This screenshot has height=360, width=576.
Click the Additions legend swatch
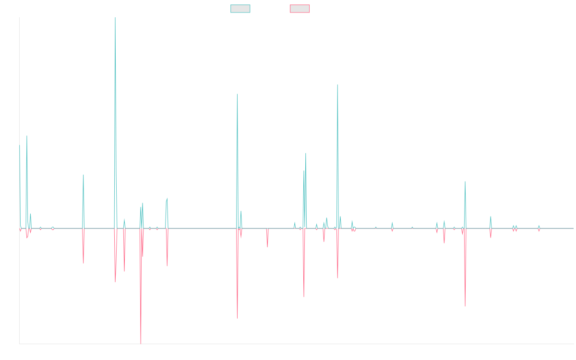[240, 9]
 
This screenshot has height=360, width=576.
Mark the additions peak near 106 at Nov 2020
[337, 85]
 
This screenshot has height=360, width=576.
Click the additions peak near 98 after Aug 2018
[237, 94]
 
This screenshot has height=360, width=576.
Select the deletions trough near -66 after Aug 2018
[237, 318]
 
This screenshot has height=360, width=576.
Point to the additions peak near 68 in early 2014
[27, 136]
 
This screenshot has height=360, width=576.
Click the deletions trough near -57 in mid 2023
[465, 306]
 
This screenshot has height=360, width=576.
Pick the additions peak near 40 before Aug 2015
[84, 175]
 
